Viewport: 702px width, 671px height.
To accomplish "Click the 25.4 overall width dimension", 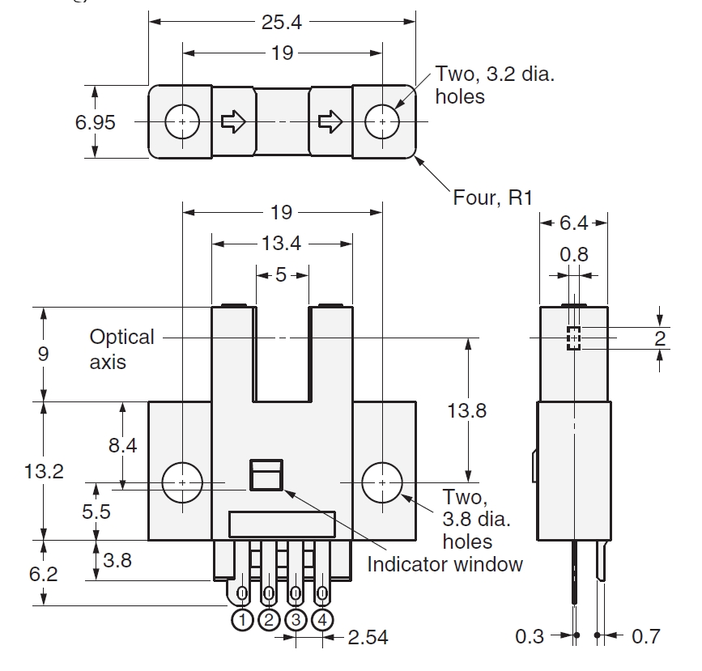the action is tap(282, 22).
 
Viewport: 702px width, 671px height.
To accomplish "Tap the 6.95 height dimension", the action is tap(95, 122).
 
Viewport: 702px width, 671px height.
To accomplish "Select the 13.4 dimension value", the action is tap(281, 244).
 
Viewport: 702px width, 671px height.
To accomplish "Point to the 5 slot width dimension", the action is tap(281, 275).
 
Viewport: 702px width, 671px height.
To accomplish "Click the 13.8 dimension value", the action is tap(467, 410).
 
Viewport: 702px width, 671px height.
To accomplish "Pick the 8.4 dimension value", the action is tap(123, 445).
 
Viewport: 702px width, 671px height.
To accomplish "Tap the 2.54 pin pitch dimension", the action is tap(368, 638).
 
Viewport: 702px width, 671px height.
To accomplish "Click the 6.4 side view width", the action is tap(573, 223).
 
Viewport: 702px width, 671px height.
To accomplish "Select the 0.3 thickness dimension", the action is tap(530, 636).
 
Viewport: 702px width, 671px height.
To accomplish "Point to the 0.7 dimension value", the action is tap(646, 636).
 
